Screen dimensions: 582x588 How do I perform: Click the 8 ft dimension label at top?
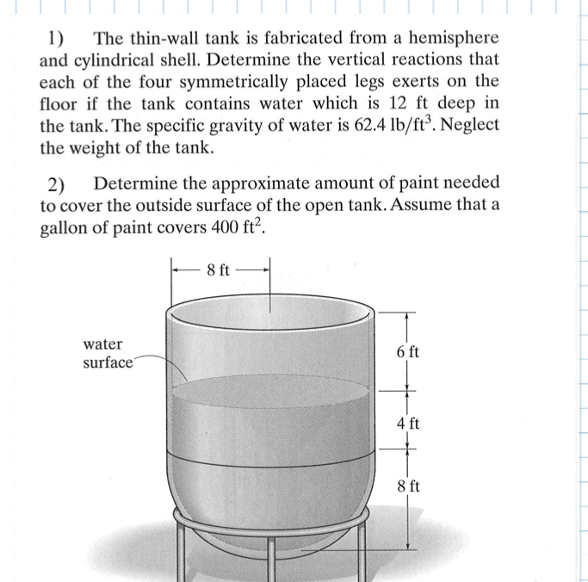click(219, 269)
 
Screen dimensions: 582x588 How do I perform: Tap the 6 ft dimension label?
click(408, 352)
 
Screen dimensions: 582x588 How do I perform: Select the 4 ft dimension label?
click(408, 423)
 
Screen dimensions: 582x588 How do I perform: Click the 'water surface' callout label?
click(107, 353)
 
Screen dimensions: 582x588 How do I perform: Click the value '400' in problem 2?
click(220, 228)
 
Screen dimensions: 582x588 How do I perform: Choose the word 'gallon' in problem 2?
click(67, 228)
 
